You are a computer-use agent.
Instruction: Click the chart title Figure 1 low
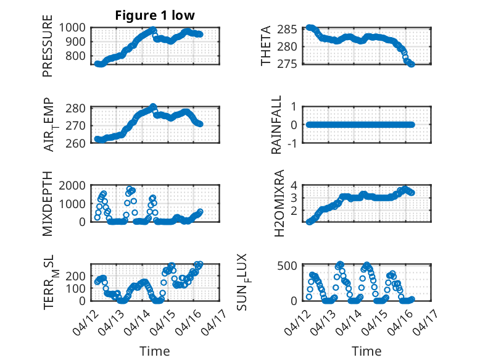point(155,16)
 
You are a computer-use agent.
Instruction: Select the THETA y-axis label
point(266,46)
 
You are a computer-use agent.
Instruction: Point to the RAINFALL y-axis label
point(277,125)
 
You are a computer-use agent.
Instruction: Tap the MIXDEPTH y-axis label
point(48,204)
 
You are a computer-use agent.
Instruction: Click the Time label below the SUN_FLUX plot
point(366,351)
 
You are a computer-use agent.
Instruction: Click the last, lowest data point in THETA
point(412,64)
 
